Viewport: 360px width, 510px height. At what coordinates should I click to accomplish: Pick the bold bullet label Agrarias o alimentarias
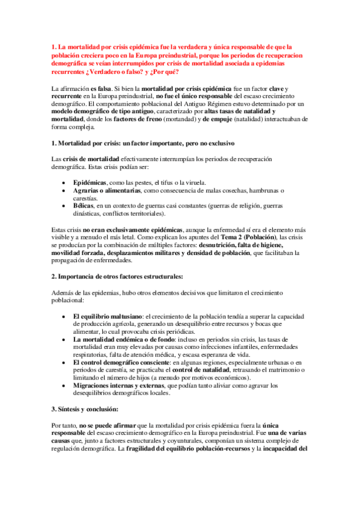point(106,191)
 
